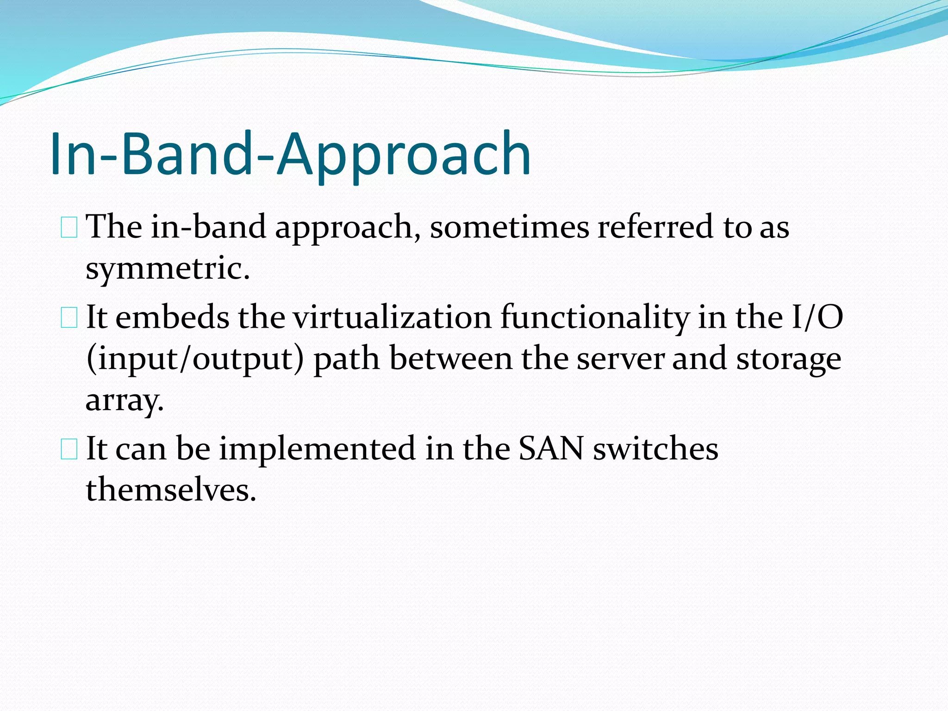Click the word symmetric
click(x=168, y=268)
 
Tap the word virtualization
click(x=392, y=318)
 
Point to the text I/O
click(x=817, y=318)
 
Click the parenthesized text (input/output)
click(x=195, y=359)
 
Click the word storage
click(x=788, y=359)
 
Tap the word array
click(x=125, y=401)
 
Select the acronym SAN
click(x=551, y=449)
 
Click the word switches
click(x=655, y=449)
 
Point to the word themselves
click(x=171, y=490)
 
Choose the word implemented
click(x=317, y=449)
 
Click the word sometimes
click(x=509, y=227)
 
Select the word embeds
click(x=172, y=318)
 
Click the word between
click(x=451, y=359)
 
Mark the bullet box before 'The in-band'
click(x=69, y=228)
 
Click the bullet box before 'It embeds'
click(x=69, y=318)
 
